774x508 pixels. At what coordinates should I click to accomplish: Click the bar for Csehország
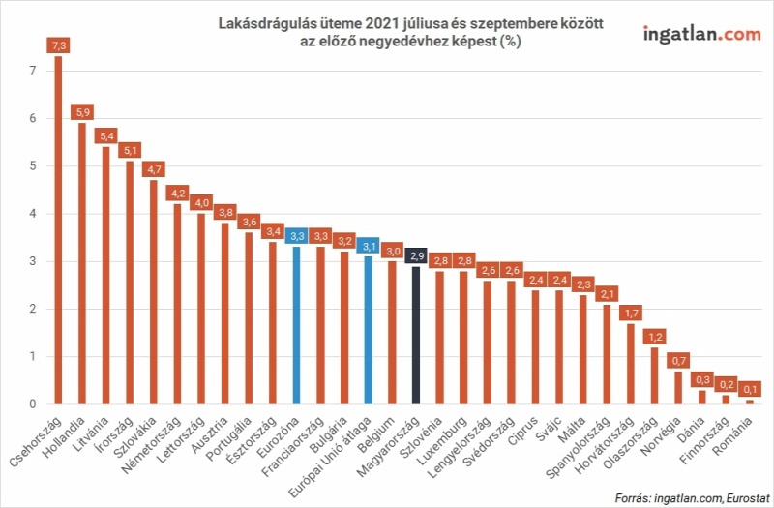pyautogui.click(x=58, y=230)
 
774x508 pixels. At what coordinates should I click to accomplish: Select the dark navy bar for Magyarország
pyautogui.click(x=416, y=335)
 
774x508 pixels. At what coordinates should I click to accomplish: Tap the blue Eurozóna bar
pyautogui.click(x=297, y=326)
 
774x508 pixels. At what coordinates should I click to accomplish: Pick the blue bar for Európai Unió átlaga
pyautogui.click(x=369, y=330)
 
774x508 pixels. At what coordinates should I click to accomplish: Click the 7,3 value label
pyautogui.click(x=58, y=45)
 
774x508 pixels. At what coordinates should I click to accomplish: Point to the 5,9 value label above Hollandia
pyautogui.click(x=82, y=112)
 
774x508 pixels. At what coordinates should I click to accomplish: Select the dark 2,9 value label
pyautogui.click(x=416, y=255)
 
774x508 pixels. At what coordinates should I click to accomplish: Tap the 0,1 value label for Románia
pyautogui.click(x=750, y=389)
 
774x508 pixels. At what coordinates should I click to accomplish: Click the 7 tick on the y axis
pyautogui.click(x=33, y=71)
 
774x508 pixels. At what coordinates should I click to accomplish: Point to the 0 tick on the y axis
pyautogui.click(x=33, y=404)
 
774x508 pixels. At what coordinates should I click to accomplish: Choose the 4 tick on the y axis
pyautogui.click(x=33, y=214)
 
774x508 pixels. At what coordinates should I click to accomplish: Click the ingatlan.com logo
pyautogui.click(x=702, y=35)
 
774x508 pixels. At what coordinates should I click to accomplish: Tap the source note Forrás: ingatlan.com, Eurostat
pyautogui.click(x=692, y=497)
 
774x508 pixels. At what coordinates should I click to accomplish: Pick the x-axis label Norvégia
pyautogui.click(x=661, y=436)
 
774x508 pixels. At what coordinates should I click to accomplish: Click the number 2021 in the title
pyautogui.click(x=380, y=23)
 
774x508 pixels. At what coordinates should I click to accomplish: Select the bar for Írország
pyautogui.click(x=130, y=283)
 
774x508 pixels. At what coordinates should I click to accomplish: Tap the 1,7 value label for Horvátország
pyautogui.click(x=631, y=313)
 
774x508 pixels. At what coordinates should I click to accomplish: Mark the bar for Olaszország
pyautogui.click(x=655, y=375)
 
